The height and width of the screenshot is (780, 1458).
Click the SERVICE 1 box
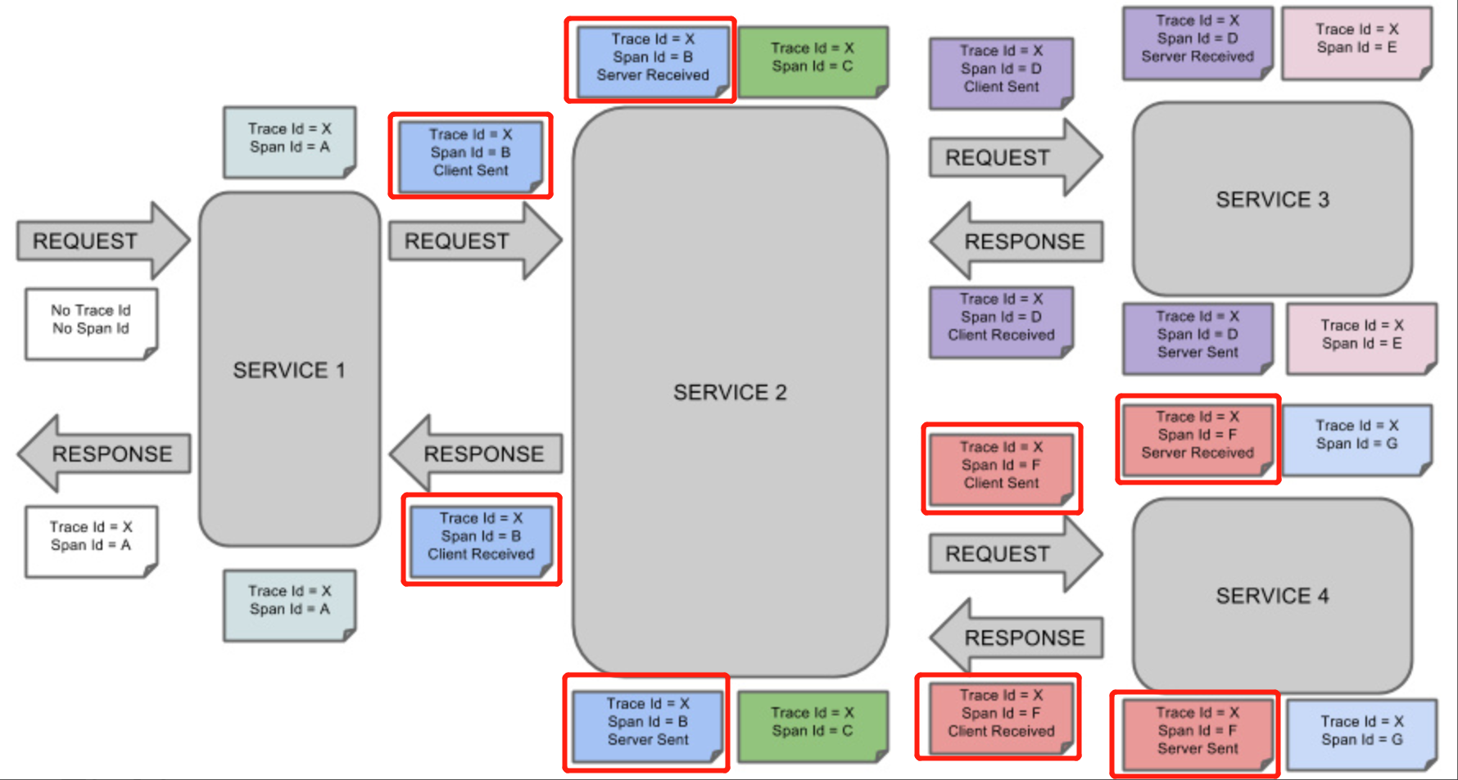[290, 369]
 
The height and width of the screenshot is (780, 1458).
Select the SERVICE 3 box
[1272, 199]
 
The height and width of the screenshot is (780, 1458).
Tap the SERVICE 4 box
[1272, 595]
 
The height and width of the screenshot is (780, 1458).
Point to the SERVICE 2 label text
[730, 393]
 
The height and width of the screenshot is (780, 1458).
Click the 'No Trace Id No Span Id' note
[91, 324]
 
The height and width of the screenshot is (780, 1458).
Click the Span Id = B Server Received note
[653, 61]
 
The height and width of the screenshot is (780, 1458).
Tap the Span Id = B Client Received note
[481, 540]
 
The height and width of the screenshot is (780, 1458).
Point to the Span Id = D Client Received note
[1001, 322]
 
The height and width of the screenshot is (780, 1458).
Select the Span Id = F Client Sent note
[1001, 469]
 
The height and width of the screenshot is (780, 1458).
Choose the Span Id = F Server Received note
[1198, 439]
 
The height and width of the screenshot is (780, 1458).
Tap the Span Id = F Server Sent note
[1198, 734]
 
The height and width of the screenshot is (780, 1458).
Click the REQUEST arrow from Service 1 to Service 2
[475, 241]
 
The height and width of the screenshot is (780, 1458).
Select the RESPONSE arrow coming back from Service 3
[1016, 241]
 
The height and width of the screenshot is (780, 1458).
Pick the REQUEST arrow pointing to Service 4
[1016, 554]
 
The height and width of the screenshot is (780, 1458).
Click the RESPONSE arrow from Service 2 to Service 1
[475, 453]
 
